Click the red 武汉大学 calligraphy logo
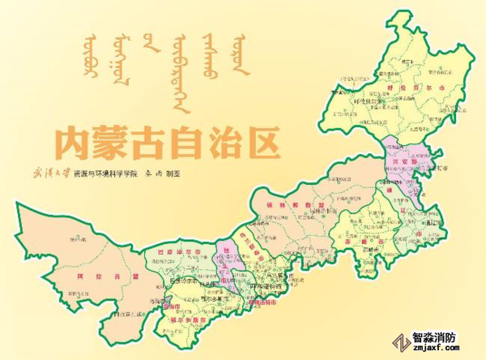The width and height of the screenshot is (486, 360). [x=50, y=174]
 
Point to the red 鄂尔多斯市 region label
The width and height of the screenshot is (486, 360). [x=188, y=322]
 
